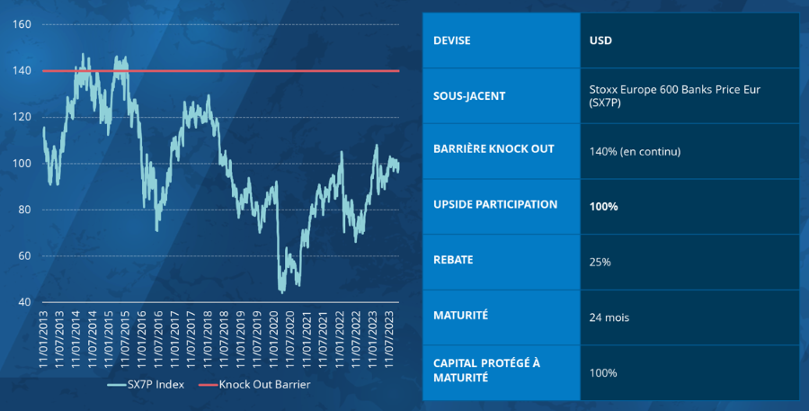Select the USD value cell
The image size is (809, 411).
(x=601, y=40)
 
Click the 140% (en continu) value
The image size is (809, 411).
(x=635, y=151)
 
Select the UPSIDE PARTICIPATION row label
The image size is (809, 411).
(x=495, y=205)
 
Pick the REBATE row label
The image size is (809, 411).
(x=453, y=260)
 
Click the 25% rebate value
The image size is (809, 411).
(x=600, y=262)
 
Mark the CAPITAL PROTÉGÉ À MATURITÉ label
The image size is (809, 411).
(x=486, y=371)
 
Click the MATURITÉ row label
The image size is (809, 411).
(x=460, y=316)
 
